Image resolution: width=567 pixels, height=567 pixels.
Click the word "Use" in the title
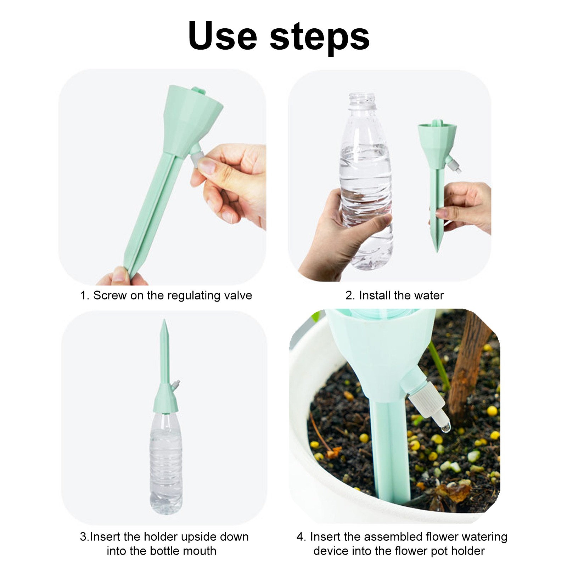[223, 36]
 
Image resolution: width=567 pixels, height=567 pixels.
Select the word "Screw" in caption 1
[110, 295]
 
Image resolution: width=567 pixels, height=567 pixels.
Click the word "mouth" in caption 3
[199, 551]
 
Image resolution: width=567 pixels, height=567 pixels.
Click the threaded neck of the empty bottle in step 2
[362, 100]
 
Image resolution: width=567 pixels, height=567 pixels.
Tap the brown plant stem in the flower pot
[468, 369]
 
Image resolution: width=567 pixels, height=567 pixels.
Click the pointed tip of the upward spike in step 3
[164, 320]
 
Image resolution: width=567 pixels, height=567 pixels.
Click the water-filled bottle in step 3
[166, 462]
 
